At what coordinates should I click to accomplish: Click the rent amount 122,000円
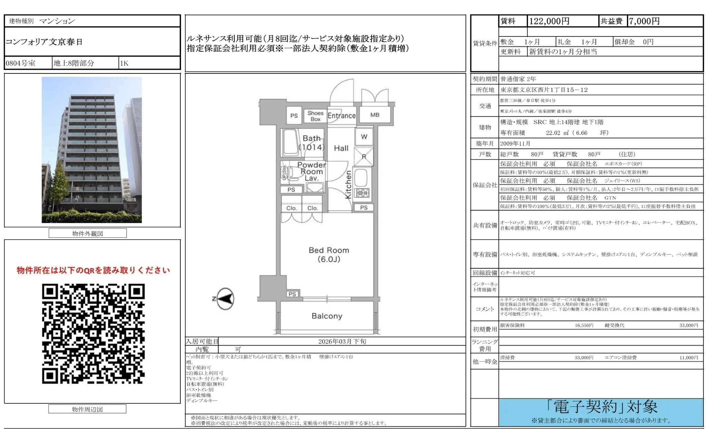(549, 21)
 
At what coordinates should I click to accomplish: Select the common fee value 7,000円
(644, 21)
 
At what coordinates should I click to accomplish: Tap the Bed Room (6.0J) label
(329, 255)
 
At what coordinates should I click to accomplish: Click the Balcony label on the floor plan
(327, 316)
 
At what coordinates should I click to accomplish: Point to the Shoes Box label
(315, 116)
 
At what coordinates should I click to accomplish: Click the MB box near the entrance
(375, 115)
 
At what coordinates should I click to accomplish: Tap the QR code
(93, 333)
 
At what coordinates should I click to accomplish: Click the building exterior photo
(92, 150)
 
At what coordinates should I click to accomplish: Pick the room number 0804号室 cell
(21, 63)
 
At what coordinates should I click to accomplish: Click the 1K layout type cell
(124, 63)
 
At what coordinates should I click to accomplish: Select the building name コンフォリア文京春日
(44, 42)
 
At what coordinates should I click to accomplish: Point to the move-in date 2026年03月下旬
(342, 341)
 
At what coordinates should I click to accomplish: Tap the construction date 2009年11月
(515, 143)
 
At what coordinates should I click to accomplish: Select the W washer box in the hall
(364, 137)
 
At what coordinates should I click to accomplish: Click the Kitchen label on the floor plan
(348, 185)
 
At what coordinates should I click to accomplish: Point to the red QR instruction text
(93, 270)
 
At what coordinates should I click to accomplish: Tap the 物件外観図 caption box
(88, 233)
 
